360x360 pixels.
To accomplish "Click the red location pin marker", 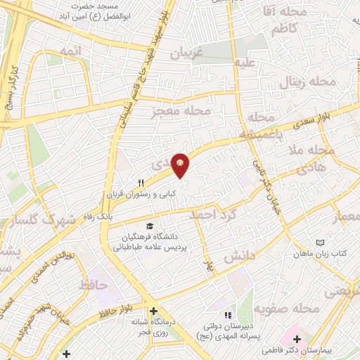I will (181, 165).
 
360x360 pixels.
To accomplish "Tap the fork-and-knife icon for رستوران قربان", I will (141, 183).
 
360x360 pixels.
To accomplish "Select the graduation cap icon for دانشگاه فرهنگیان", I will (149, 226).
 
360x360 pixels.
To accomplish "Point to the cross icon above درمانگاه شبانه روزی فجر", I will (154, 311).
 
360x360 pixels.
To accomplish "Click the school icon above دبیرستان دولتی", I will (226, 314).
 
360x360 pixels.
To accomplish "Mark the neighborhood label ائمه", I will (71, 51).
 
